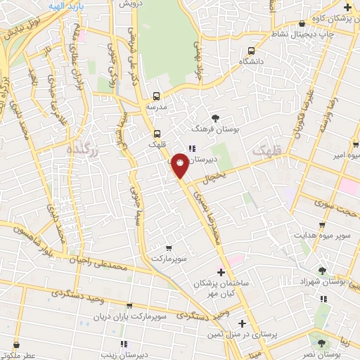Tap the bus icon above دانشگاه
[x=251, y=51]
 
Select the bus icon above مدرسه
[x=156, y=96]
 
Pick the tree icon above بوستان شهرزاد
[x=321, y=271]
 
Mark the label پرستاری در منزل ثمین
[x=243, y=335]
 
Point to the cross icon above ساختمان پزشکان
[x=221, y=271]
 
